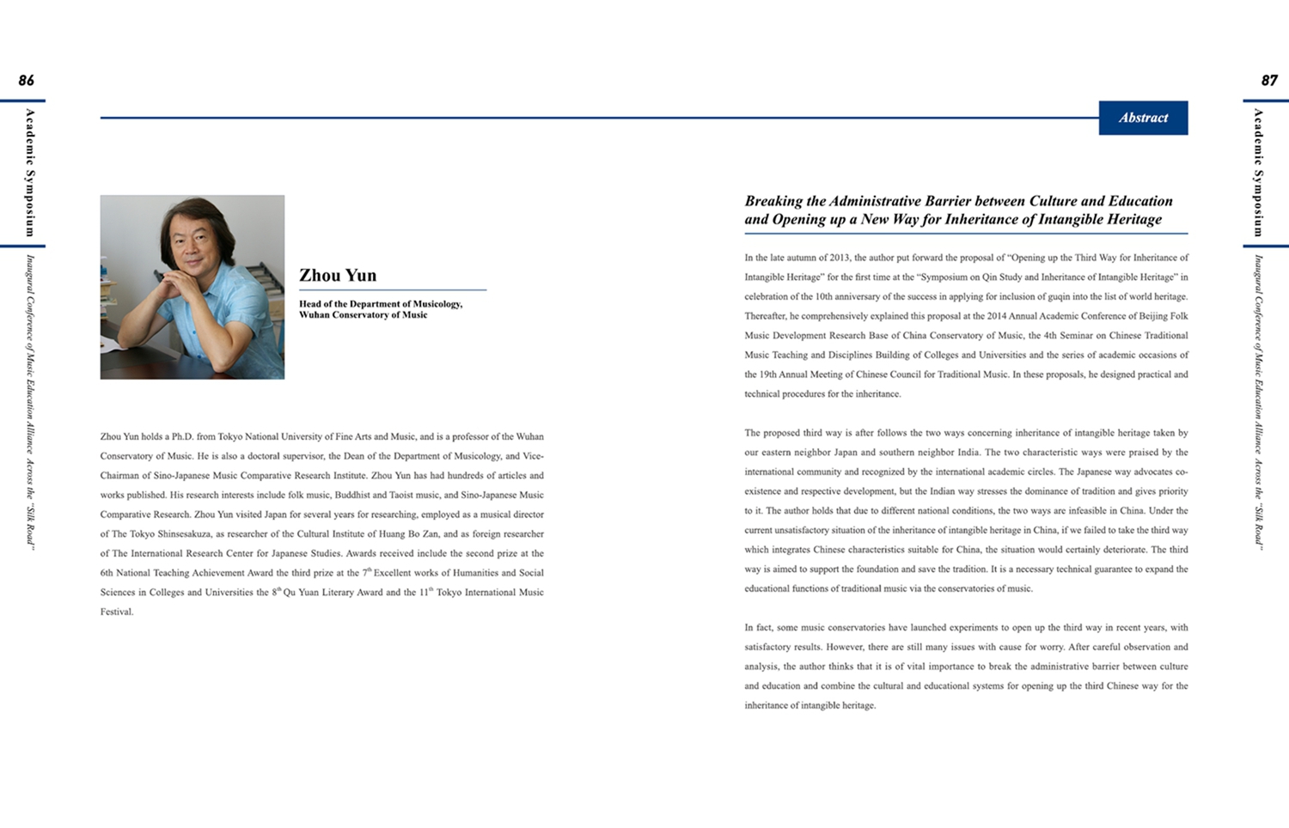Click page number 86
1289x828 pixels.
point(27,81)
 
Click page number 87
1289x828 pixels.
point(1269,81)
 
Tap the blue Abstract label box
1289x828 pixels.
point(1143,119)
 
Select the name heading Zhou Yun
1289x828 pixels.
point(338,276)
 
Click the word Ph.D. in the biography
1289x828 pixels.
point(181,436)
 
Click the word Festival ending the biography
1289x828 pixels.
point(116,612)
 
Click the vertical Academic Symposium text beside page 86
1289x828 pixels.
point(30,172)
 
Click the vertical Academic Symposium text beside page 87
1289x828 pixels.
point(1258,172)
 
